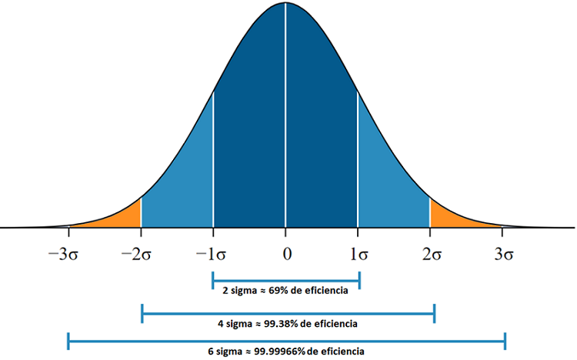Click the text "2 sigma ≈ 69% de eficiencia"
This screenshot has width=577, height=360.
(285, 291)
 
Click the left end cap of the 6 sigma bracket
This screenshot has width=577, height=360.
(68, 339)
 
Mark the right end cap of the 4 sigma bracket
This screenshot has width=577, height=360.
(435, 313)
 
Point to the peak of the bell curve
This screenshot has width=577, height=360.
(285, 3)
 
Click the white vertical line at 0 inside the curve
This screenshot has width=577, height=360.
(285, 115)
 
